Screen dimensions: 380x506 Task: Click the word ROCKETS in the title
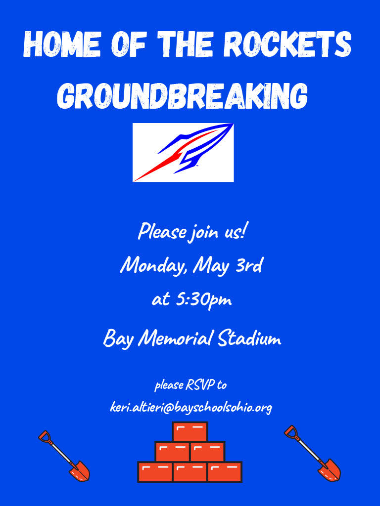click(x=287, y=44)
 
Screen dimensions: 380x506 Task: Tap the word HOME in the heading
click(x=62, y=44)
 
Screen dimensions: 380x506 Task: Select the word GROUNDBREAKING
click(x=182, y=95)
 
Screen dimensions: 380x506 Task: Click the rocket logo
click(x=183, y=152)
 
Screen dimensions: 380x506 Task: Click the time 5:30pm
click(x=203, y=300)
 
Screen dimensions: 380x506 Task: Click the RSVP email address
click(x=191, y=407)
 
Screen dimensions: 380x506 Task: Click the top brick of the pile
click(x=190, y=432)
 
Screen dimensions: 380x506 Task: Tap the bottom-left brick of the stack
click(x=155, y=472)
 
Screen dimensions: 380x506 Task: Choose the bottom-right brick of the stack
click(x=225, y=472)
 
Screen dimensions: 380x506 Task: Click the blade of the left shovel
click(x=80, y=471)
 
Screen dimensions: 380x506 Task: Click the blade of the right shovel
click(x=330, y=470)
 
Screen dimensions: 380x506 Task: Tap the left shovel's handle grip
click(x=45, y=436)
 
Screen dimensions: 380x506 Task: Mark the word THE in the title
click(x=187, y=44)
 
